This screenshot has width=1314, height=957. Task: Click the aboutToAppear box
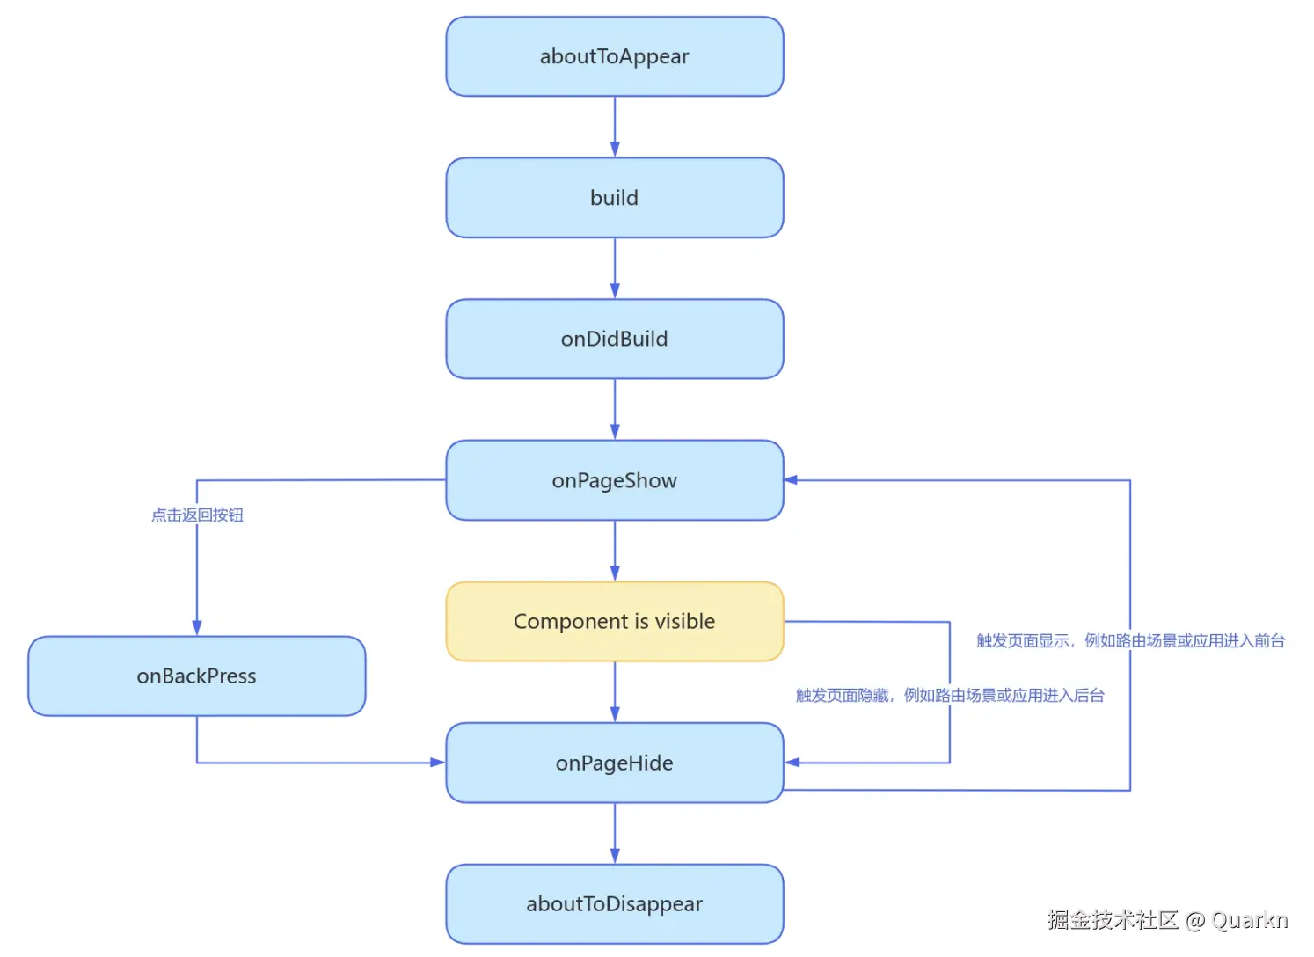tap(614, 56)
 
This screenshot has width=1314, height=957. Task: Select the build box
tap(614, 198)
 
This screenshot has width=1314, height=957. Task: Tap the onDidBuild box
tap(614, 339)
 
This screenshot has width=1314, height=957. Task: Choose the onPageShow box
tap(614, 480)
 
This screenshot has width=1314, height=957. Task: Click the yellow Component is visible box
tap(614, 621)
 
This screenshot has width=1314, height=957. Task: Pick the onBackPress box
tap(196, 676)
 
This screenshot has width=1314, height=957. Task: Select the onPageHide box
tap(614, 763)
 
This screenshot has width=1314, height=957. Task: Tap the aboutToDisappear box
tap(614, 903)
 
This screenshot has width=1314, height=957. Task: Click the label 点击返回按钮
tap(197, 515)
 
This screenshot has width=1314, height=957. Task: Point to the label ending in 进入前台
tap(1130, 640)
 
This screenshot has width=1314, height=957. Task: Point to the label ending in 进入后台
tap(950, 695)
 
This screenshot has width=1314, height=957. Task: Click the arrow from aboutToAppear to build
tap(614, 127)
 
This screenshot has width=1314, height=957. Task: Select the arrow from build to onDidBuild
tap(614, 268)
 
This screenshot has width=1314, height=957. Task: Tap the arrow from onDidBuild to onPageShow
tap(614, 409)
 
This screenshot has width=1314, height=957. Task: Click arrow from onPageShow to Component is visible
tap(614, 551)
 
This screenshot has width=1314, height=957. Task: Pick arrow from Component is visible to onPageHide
tap(614, 691)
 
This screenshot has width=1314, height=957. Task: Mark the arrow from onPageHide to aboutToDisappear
tap(614, 833)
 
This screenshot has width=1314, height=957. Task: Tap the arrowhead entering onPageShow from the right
tap(791, 480)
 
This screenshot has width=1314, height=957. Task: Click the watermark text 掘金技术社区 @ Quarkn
tap(1167, 920)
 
